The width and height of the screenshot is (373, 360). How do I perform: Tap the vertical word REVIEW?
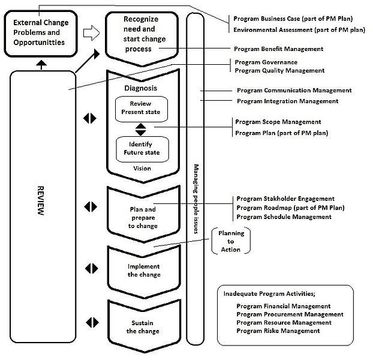[x=40, y=213]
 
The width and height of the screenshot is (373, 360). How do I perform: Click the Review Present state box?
[x=141, y=108]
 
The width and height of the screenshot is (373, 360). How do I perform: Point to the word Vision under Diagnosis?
[x=142, y=169]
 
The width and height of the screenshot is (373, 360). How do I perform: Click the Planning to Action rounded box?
[x=230, y=241]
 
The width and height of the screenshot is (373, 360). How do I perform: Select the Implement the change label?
[x=144, y=271]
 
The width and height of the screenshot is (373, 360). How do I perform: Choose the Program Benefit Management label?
[x=279, y=49]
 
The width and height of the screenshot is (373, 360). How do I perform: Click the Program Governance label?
[x=266, y=62]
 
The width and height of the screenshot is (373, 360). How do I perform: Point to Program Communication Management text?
[x=294, y=91]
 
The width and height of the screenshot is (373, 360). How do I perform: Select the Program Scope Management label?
[x=278, y=122]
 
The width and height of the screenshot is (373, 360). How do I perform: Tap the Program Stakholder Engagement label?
[x=285, y=199]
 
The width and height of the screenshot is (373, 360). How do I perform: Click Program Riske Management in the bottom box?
[x=278, y=331]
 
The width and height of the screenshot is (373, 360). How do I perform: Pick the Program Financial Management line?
[x=283, y=306]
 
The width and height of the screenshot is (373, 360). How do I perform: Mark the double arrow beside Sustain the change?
[x=91, y=322]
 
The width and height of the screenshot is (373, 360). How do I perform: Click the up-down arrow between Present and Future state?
[x=141, y=128]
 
